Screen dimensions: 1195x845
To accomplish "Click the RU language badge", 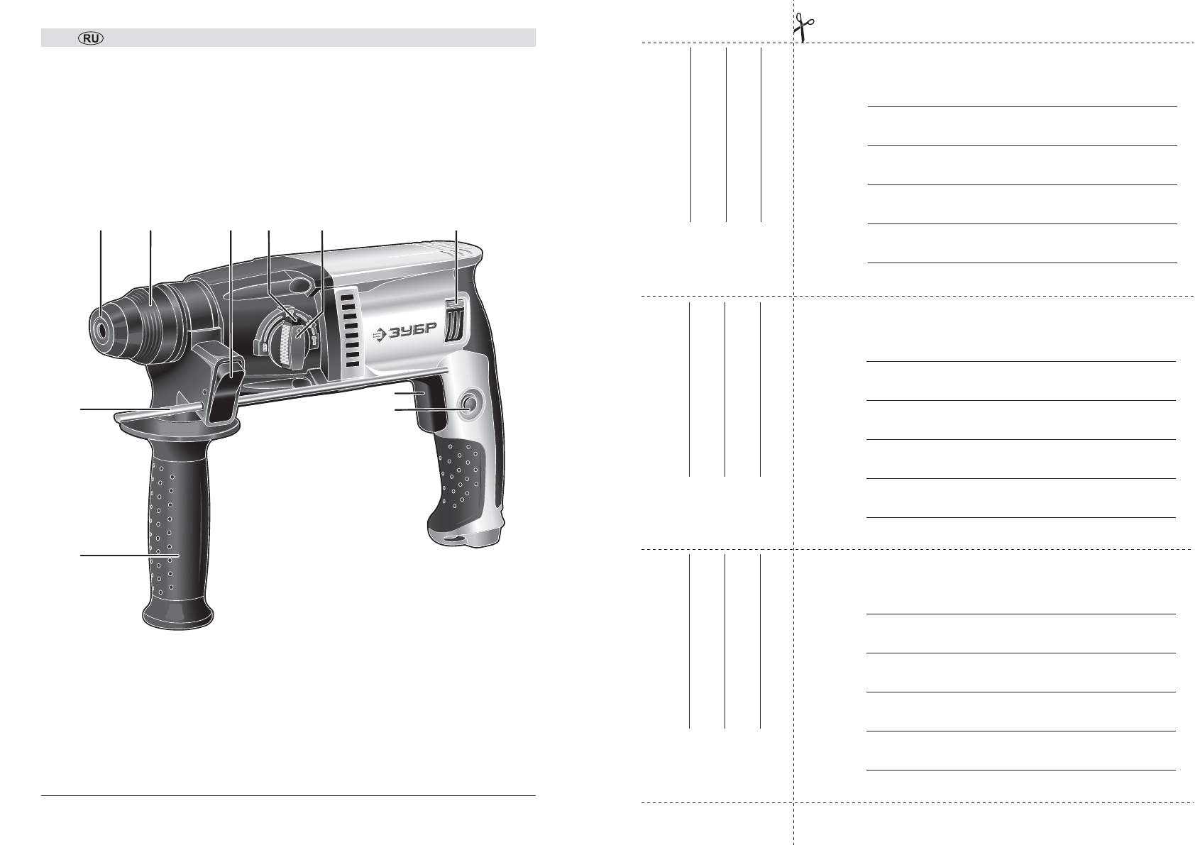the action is [91, 38].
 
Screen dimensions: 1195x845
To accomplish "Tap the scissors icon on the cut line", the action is [803, 27].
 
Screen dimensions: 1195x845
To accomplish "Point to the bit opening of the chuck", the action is [101, 330].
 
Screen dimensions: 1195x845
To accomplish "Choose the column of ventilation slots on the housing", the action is [350, 330].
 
